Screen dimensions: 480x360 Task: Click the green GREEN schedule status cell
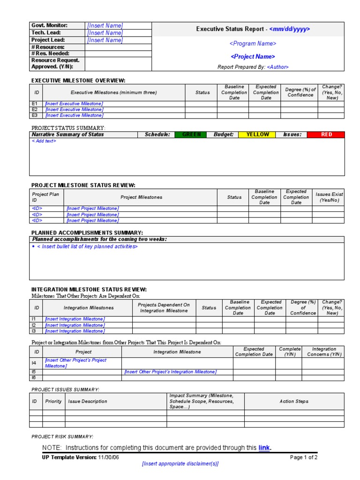(x=191, y=135)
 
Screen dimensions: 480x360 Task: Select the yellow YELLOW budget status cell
(x=258, y=135)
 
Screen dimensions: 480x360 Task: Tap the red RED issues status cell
(x=326, y=135)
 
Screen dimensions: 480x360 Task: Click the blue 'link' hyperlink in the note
(x=264, y=448)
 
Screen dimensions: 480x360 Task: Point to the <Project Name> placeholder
(x=253, y=57)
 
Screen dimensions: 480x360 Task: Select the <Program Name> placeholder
(x=253, y=44)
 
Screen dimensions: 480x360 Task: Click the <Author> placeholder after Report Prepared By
(x=277, y=67)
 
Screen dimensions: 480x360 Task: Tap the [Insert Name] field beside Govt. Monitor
(x=105, y=26)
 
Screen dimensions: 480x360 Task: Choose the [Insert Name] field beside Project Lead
(x=105, y=40)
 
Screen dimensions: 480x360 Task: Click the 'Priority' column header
(x=53, y=401)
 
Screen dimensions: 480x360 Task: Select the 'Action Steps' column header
(x=294, y=401)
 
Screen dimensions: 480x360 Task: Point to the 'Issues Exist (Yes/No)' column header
(x=329, y=197)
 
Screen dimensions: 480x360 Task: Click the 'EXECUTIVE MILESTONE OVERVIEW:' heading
(x=78, y=81)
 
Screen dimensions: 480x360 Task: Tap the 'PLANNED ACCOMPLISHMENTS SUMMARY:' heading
(x=87, y=232)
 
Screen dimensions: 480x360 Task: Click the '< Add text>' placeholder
(x=44, y=141)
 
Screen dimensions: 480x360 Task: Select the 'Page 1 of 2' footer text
(x=304, y=457)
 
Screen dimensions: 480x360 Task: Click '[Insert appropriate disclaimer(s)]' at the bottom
(x=180, y=464)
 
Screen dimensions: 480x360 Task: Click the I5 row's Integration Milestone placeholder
(x=170, y=372)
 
